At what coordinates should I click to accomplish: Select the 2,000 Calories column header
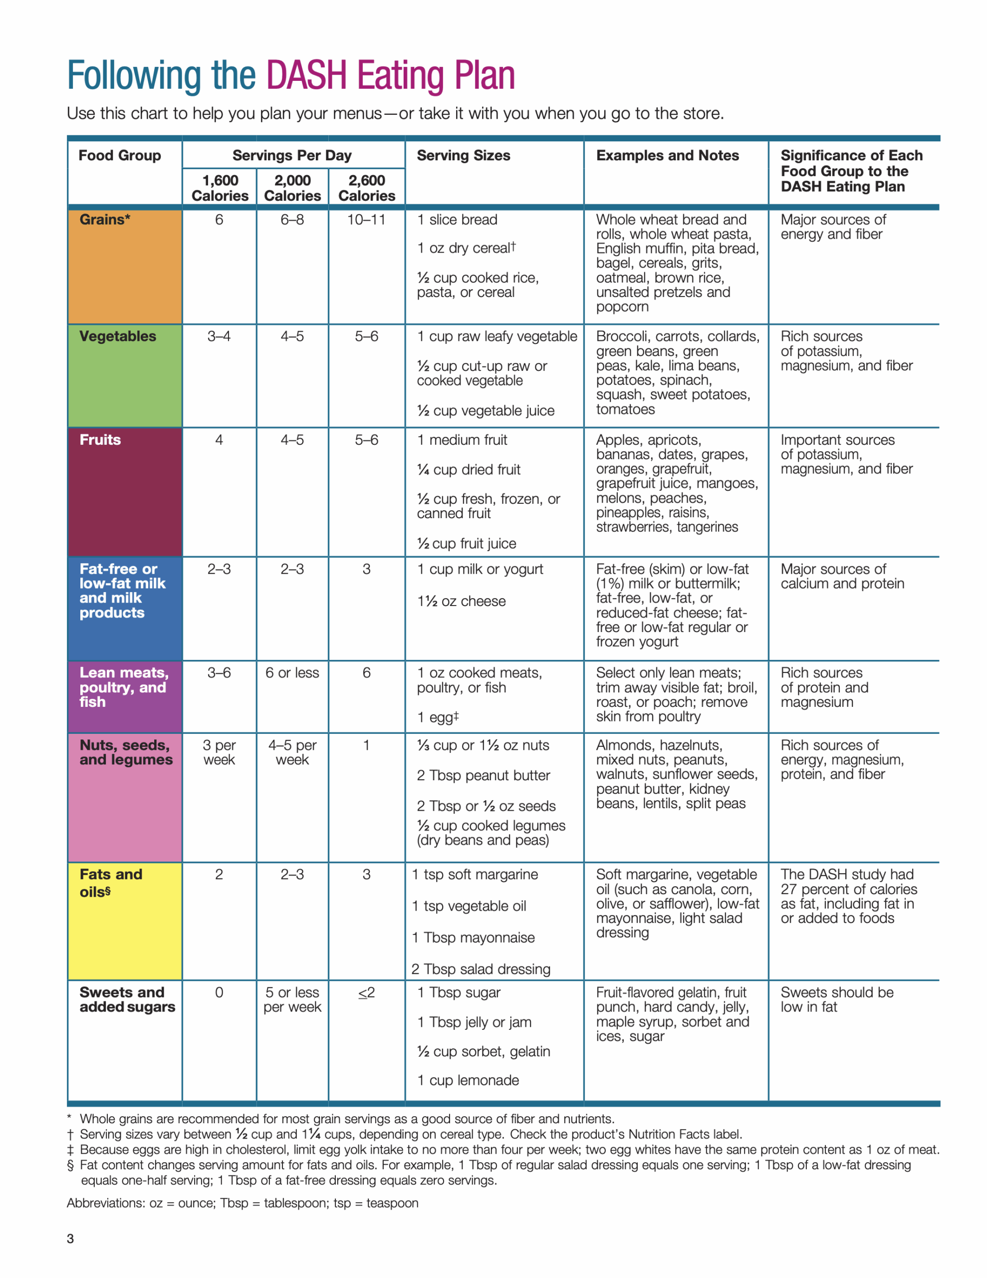point(292,188)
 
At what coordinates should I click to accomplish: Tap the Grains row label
point(105,220)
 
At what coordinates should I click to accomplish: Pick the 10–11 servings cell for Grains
point(366,220)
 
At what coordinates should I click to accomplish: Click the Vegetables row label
point(118,336)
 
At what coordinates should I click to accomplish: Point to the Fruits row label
point(100,440)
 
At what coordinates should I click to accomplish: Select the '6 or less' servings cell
point(292,673)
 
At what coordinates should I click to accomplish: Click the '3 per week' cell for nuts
point(219,752)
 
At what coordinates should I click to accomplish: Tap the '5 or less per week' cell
point(292,1000)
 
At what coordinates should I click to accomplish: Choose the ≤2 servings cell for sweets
point(366,993)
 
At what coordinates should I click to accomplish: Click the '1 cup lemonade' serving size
point(468,1080)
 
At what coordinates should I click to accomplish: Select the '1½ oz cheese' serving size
point(461,602)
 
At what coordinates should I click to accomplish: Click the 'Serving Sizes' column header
point(464,156)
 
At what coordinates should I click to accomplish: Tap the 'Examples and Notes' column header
point(667,156)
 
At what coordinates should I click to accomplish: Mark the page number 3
point(70,1238)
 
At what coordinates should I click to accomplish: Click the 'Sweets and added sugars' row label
point(127,1000)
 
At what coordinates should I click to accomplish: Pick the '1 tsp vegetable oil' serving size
point(469,907)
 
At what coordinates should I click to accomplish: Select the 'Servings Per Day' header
point(292,156)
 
